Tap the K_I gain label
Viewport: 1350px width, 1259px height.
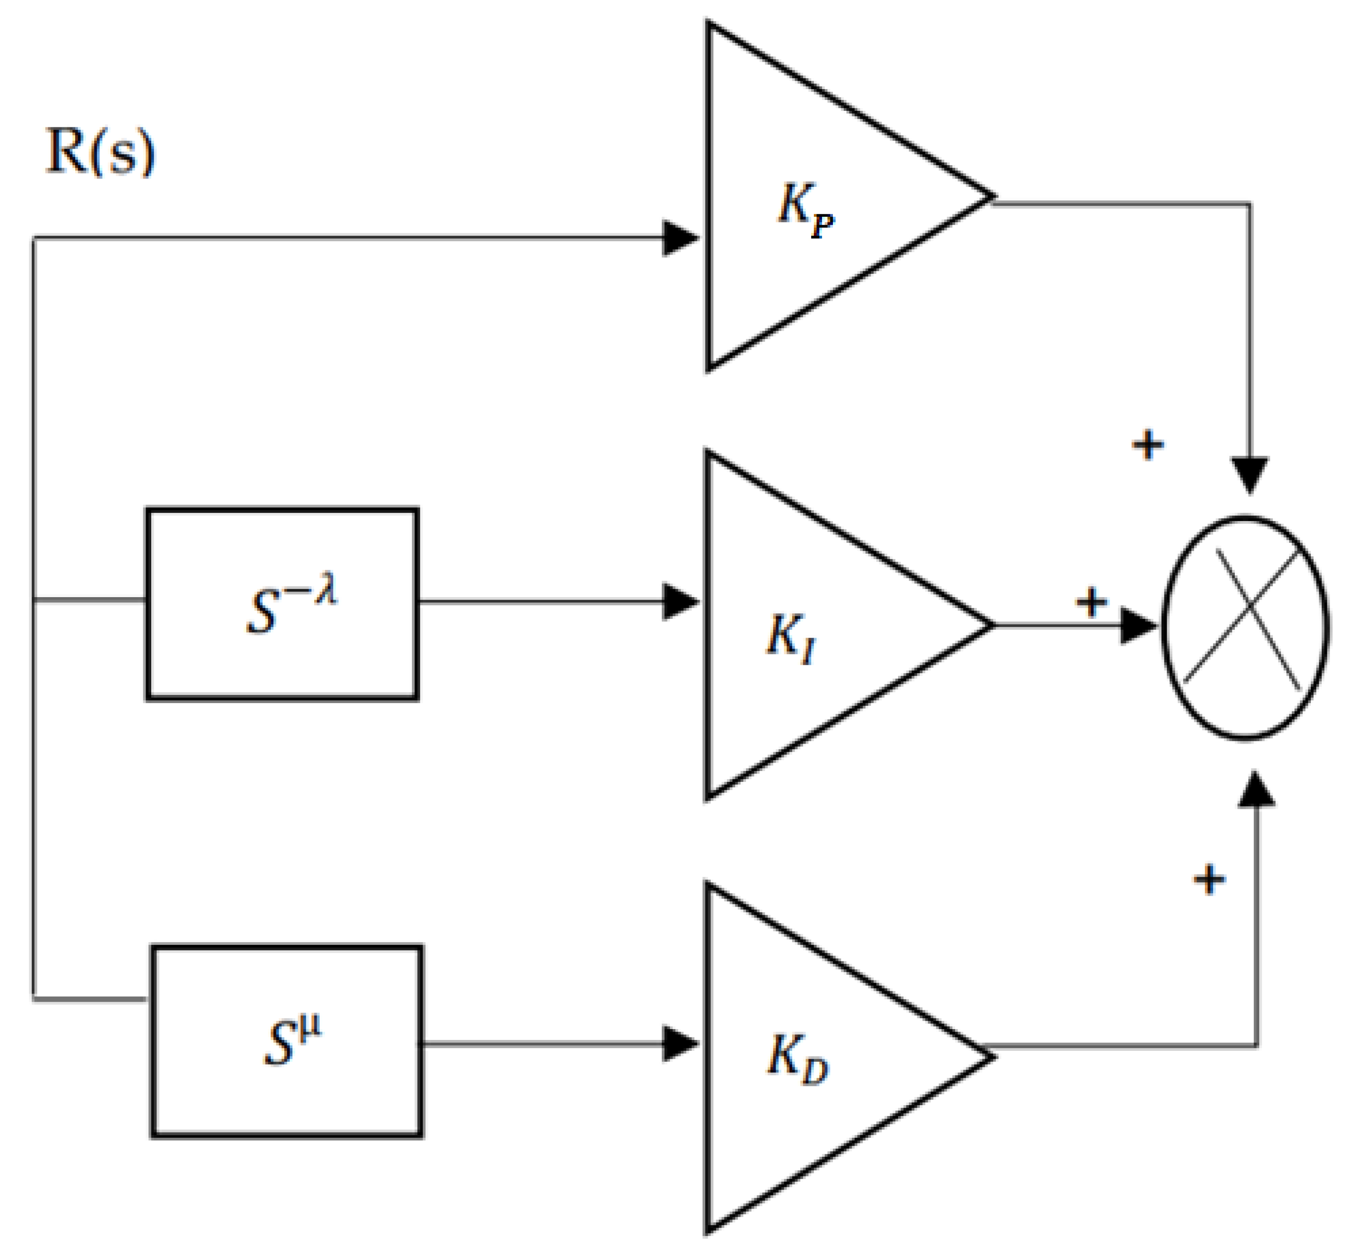[x=790, y=638]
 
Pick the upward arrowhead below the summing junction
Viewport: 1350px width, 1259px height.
[x=1256, y=789]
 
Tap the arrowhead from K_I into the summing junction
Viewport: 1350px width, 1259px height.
[x=1138, y=625]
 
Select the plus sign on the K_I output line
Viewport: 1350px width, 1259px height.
[x=1092, y=601]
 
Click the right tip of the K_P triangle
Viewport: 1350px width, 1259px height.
[x=993, y=197]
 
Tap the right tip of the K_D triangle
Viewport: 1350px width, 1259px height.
[x=993, y=1056]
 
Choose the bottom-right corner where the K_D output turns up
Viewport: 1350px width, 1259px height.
[x=1256, y=1046]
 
